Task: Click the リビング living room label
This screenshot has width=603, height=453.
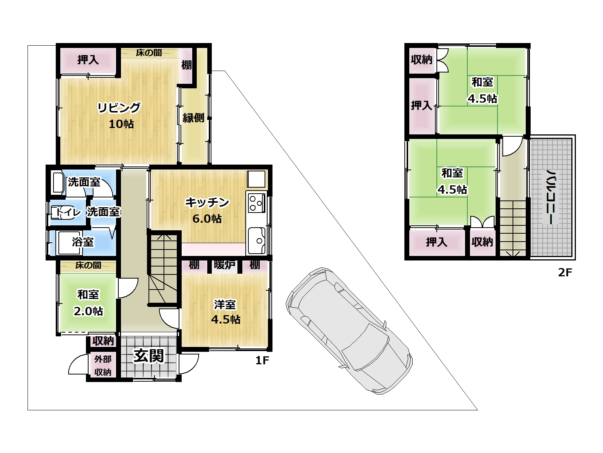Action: pos(119,108)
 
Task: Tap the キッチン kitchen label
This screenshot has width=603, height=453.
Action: pos(207,202)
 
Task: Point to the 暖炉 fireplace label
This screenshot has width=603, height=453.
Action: pos(225,265)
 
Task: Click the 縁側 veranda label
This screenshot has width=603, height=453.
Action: pos(194,118)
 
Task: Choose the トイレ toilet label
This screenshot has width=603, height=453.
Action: pos(68,212)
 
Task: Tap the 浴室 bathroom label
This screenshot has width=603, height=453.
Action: pos(83,242)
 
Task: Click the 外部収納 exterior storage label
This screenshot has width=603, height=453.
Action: pos(103,365)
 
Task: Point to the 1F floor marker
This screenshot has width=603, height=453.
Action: pos(262,360)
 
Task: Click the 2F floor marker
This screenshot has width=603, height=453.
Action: pos(565,272)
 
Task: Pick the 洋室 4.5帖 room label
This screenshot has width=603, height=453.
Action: pos(226,312)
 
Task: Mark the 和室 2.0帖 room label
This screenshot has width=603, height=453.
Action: pos(88,303)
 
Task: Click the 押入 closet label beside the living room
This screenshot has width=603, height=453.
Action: pos(88,59)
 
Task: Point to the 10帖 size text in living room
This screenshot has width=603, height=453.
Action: pos(121,124)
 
